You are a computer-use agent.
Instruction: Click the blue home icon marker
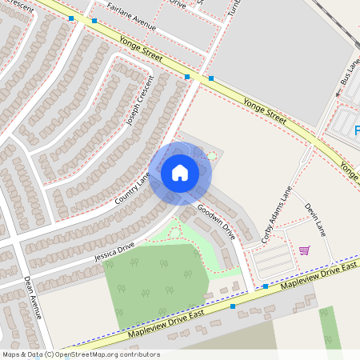point(180,172)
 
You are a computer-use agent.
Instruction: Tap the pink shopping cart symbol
point(304,250)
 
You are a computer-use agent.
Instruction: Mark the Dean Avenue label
point(33,297)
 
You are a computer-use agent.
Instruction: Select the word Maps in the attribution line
point(11,354)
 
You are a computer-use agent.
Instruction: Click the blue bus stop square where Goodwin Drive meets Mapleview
point(266,286)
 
